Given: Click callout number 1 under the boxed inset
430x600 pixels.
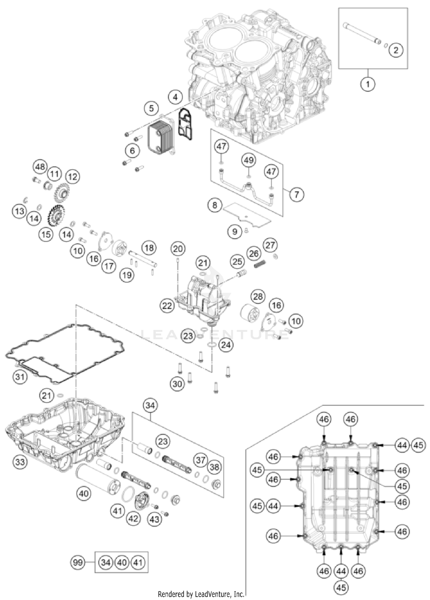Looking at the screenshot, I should (x=368, y=84).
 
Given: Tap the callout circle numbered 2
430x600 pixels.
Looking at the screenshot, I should (x=396, y=50).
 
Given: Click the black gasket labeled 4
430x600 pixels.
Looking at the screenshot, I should (x=185, y=124).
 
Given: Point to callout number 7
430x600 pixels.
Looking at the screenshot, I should (x=296, y=195).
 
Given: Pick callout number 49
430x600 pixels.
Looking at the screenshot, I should (x=249, y=160).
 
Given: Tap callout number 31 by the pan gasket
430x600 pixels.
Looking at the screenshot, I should (x=20, y=376).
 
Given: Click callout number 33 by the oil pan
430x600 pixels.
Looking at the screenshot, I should (x=20, y=462).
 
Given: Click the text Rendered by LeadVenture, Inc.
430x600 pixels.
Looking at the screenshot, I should (x=201, y=594).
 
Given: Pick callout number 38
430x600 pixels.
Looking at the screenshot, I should (x=214, y=467).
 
